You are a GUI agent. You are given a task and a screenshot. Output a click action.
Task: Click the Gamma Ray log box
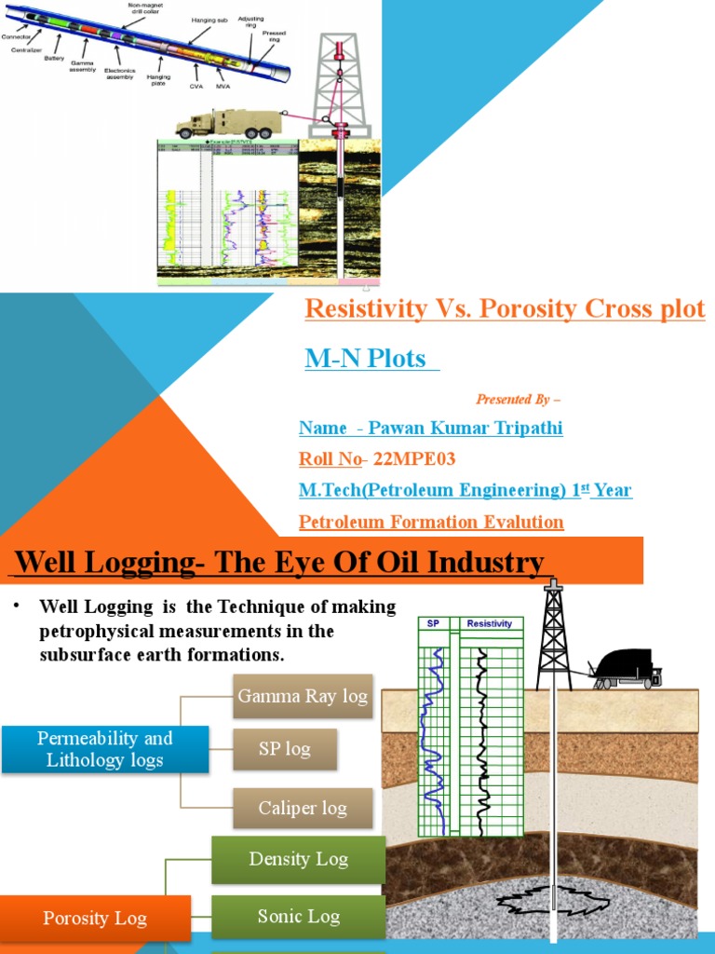[x=303, y=696]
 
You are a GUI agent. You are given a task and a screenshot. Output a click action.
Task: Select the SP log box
[x=285, y=749]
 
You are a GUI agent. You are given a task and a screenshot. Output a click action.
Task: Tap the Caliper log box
[x=303, y=808]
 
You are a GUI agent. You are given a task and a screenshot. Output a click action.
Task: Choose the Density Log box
[x=298, y=859]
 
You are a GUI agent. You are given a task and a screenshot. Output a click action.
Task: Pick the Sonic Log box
[x=298, y=917]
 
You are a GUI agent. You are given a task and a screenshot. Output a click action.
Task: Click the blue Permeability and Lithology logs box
[x=104, y=749]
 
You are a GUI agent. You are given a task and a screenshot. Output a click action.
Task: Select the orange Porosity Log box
[x=95, y=919]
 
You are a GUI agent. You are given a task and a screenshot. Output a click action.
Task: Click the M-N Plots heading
[x=365, y=358]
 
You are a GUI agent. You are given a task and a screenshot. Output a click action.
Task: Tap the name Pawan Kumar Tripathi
[x=465, y=428]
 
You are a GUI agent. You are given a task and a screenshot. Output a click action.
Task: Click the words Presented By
[x=513, y=399]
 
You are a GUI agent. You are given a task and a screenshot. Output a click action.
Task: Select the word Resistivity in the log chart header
[x=490, y=623]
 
